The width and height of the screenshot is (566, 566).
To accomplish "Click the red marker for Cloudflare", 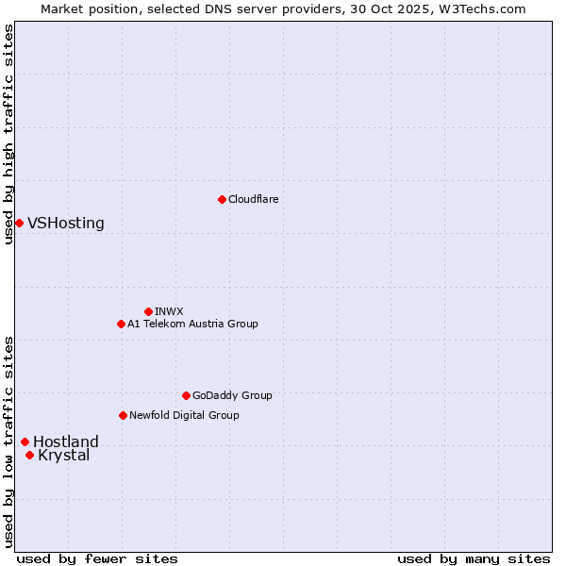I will click(x=222, y=199).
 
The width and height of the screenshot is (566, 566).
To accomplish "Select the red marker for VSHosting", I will click(x=19, y=223).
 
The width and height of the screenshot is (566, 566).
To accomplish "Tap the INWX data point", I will click(x=148, y=311).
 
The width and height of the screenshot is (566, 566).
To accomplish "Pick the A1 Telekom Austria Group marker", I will click(x=121, y=324).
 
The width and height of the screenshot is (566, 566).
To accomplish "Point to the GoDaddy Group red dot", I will click(x=186, y=395).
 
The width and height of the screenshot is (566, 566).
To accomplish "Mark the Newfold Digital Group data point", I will click(x=123, y=415).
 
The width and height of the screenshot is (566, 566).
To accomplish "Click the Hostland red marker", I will click(x=25, y=441).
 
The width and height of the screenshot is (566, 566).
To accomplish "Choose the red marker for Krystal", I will click(x=29, y=455).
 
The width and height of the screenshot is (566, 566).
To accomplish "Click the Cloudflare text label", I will click(x=253, y=199).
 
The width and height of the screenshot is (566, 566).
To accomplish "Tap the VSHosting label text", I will click(x=66, y=224).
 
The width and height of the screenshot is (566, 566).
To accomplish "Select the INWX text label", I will click(x=169, y=311).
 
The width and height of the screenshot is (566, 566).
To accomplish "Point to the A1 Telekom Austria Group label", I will click(x=192, y=324).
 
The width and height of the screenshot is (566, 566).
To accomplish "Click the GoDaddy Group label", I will click(x=232, y=395).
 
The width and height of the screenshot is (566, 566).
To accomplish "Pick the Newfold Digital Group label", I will click(x=184, y=415).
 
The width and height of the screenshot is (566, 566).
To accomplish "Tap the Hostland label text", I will click(x=66, y=441).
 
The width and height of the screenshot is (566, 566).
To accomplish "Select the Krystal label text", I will click(x=64, y=456).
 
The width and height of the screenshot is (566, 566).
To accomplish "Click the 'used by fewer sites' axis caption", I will click(x=97, y=558).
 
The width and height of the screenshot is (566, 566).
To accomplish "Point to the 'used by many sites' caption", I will click(x=474, y=558).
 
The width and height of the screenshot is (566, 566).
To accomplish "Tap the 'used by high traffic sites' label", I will click(x=8, y=134).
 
